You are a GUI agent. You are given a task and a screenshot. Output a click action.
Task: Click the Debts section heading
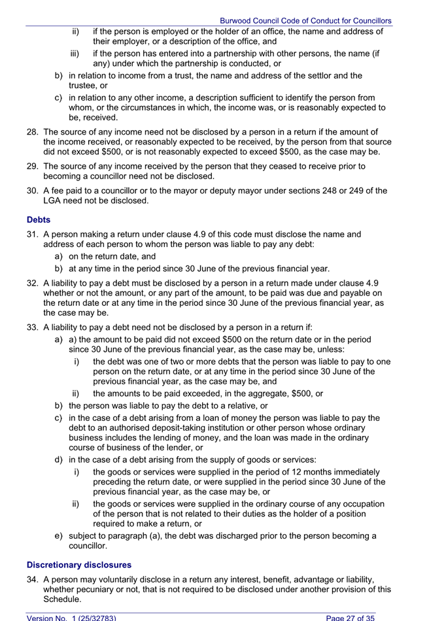(x=39, y=220)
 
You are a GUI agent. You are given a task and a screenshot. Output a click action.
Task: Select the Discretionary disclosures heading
(x=78, y=564)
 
